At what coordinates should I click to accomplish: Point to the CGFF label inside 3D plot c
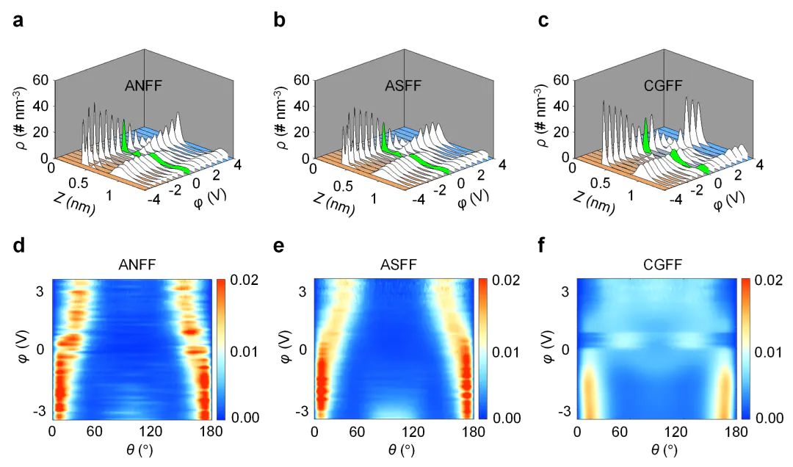pyautogui.click(x=665, y=87)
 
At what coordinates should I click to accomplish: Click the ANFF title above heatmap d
pyautogui.click(x=137, y=269)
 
